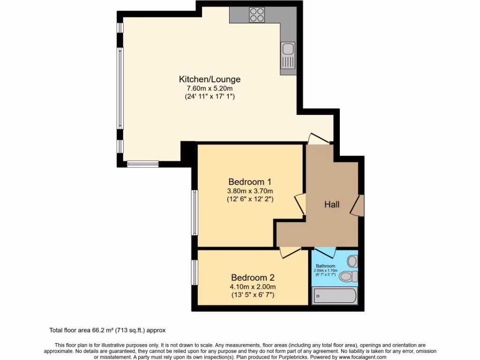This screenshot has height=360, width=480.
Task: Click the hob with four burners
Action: click(x=257, y=15)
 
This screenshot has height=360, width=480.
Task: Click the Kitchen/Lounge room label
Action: click(x=210, y=79)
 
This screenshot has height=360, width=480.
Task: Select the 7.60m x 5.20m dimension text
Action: click(x=210, y=88)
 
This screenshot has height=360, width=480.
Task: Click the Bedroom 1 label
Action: click(x=250, y=181)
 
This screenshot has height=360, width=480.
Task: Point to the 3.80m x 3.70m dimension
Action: click(x=250, y=191)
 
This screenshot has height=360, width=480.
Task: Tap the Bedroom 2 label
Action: click(x=253, y=277)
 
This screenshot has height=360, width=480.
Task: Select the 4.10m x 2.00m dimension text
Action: click(x=253, y=286)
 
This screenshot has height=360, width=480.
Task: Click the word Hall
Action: click(x=332, y=204)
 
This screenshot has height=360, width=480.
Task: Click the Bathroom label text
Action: click(x=325, y=266)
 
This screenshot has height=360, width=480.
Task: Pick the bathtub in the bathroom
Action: click(x=335, y=296)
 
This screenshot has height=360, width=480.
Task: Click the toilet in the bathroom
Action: click(x=348, y=277)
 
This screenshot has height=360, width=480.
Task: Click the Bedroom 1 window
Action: click(x=194, y=212)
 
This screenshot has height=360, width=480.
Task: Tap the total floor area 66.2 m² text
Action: click(x=107, y=330)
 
